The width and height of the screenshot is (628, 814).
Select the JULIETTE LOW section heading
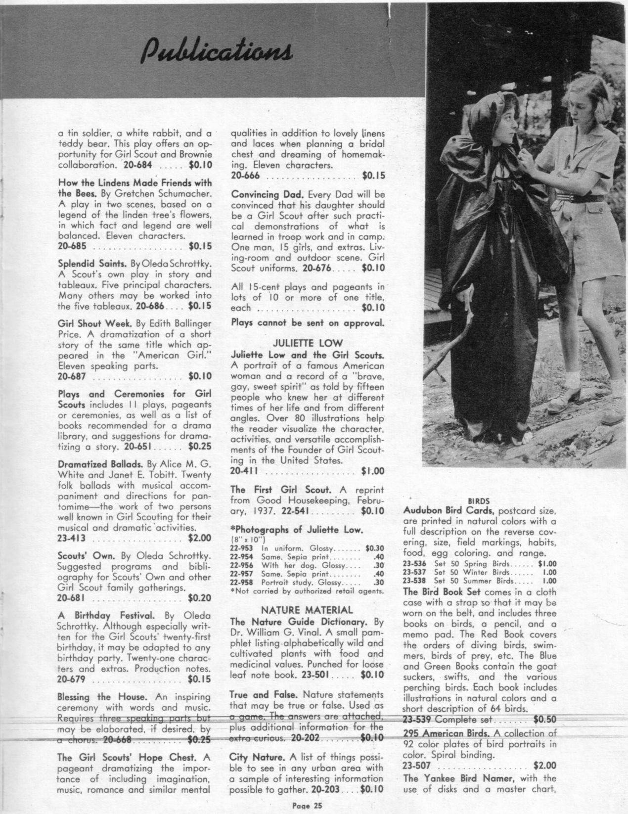pos(308,343)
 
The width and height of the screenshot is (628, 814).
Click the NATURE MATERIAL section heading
pos(307,610)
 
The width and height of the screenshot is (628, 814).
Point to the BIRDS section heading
pos(478,500)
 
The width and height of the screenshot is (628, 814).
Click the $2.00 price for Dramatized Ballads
pos(199,538)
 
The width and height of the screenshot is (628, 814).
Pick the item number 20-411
pos(243,471)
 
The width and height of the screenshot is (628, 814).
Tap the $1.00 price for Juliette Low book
pos(373,471)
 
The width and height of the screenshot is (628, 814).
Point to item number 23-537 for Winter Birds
pos(415,572)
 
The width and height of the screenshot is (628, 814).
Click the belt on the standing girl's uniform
pos(584,199)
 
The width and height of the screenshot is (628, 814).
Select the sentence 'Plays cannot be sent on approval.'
pos(308,323)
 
